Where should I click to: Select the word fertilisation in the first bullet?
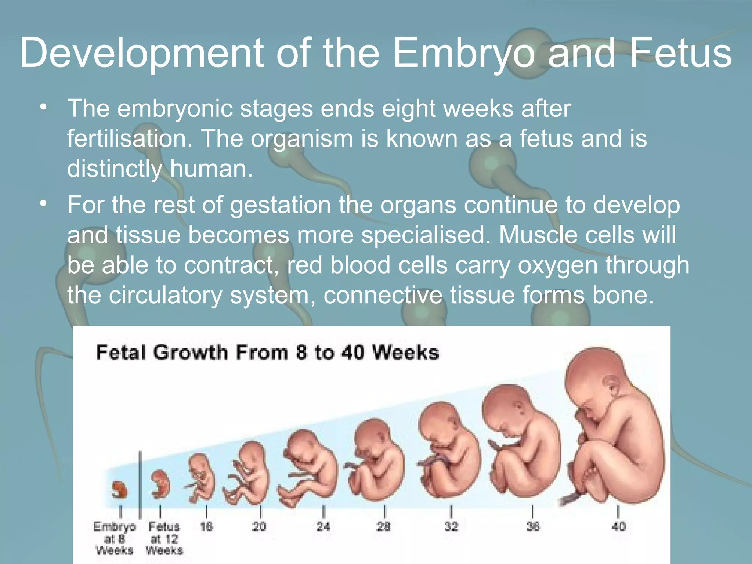tap(130, 139)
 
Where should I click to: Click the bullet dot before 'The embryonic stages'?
tap(44, 108)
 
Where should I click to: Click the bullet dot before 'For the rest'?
tap(44, 203)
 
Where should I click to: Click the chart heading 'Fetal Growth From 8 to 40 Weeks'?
tap(267, 352)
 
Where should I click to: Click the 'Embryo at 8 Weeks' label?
tap(114, 538)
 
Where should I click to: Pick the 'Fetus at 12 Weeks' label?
tap(164, 538)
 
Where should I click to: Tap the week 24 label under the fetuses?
tap(323, 527)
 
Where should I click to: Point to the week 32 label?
tap(451, 527)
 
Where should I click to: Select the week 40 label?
tap(618, 527)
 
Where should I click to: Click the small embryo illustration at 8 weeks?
tap(120, 489)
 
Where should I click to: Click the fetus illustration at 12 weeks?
tap(161, 484)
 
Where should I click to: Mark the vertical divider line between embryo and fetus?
tap(140, 485)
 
